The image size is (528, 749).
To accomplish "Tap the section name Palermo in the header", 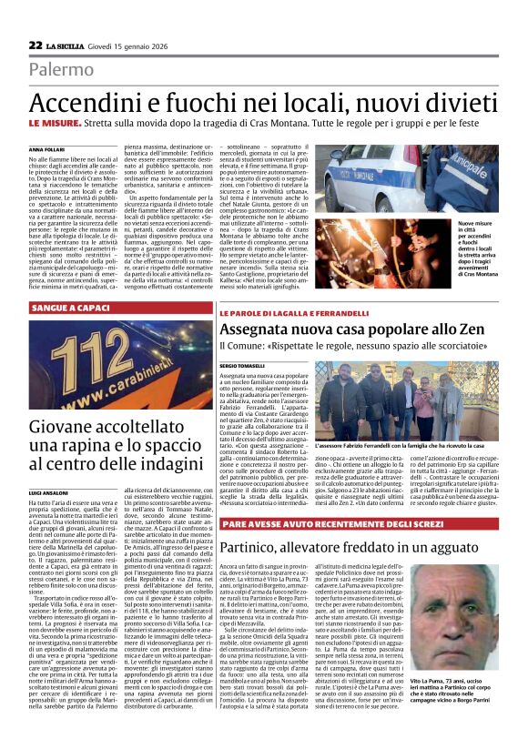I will pos(61,69).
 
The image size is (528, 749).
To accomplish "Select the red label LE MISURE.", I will pos(57,123).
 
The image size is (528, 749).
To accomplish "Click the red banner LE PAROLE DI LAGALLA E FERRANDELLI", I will pos(298,313).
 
